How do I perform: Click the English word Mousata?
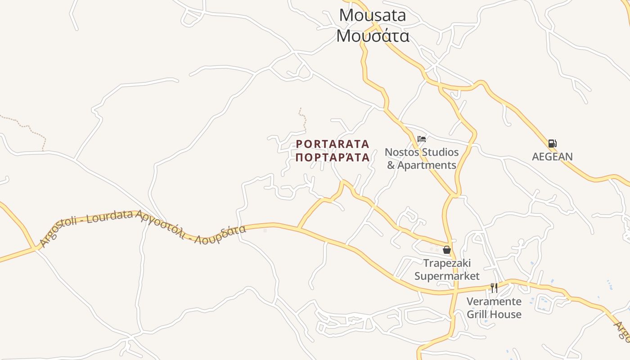(x=373, y=15)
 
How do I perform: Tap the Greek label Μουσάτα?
(x=373, y=36)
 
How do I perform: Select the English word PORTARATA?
(x=333, y=144)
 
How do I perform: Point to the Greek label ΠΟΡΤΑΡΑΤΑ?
(x=333, y=157)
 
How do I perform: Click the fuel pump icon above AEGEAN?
(x=552, y=144)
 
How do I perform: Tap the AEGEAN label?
(x=552, y=157)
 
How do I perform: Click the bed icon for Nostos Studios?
(x=422, y=139)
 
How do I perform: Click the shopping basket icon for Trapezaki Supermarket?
(x=447, y=250)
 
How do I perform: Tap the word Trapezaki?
(x=447, y=263)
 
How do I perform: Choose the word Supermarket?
(x=447, y=276)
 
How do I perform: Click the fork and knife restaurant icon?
(x=494, y=288)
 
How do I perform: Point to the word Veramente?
(x=494, y=301)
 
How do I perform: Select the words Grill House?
(x=494, y=314)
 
